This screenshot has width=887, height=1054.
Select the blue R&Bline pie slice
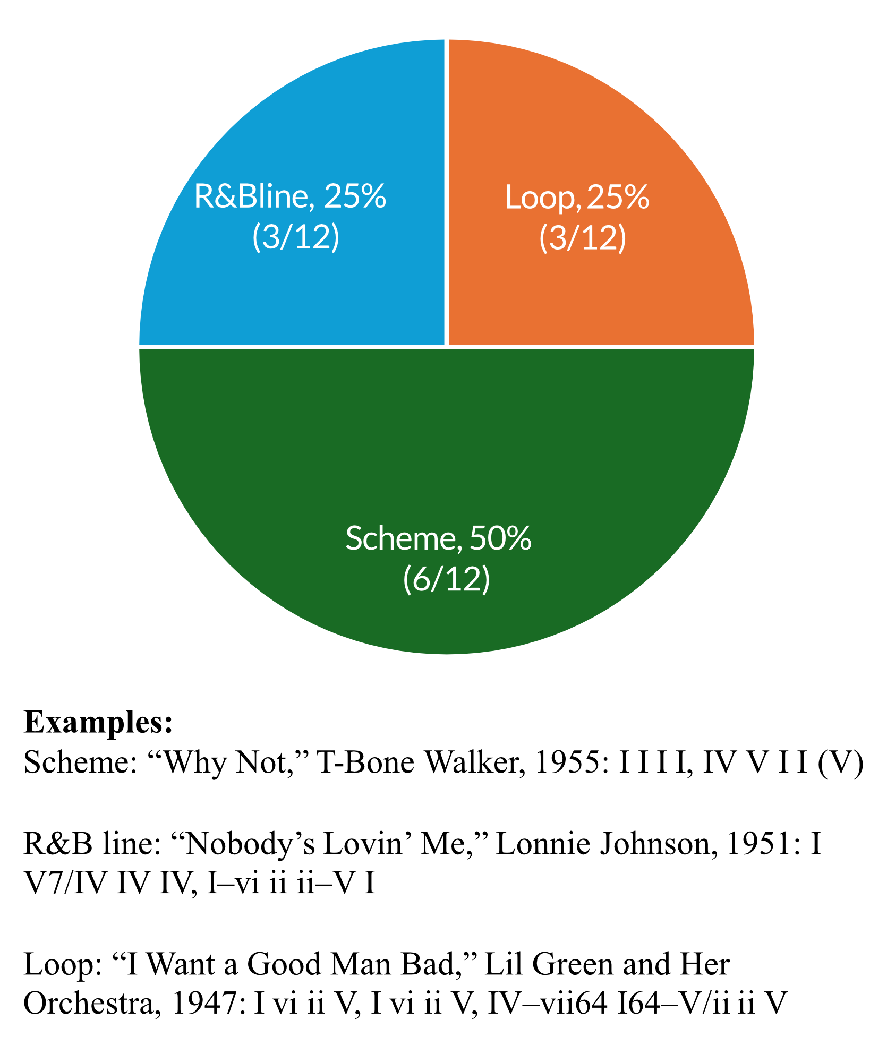click(266, 133)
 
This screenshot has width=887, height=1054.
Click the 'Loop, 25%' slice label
click(577, 198)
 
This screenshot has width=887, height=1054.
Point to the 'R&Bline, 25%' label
click(290, 196)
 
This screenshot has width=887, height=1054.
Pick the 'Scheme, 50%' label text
click(438, 538)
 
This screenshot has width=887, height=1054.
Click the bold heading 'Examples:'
click(99, 723)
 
